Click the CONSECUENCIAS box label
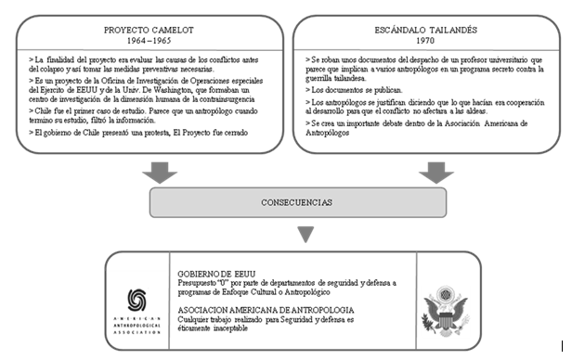click(292, 200)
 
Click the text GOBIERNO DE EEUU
click(213, 273)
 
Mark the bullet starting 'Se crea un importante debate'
click(418, 127)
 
